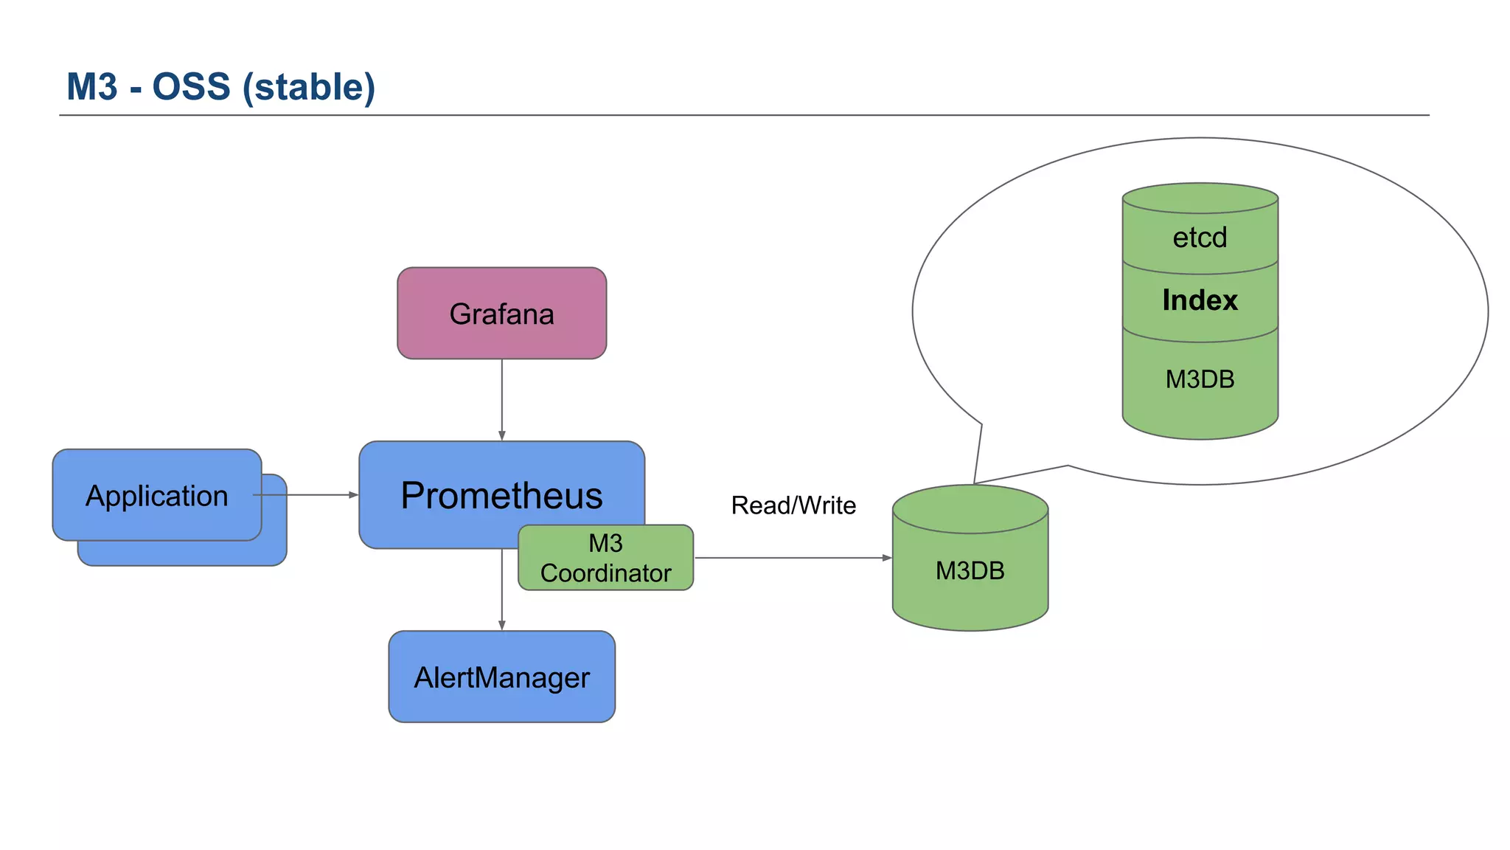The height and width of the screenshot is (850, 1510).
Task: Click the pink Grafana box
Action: pos(501,314)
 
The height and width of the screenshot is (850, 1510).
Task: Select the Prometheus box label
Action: pos(501,495)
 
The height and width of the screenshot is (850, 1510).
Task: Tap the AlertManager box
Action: pos(501,677)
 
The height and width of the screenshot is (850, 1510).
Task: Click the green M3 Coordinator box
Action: pos(605,558)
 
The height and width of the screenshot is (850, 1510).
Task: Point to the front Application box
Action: pos(157,495)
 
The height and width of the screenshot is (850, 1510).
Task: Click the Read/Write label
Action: pos(793,505)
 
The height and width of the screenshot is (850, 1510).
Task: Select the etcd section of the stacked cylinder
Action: pos(1200,238)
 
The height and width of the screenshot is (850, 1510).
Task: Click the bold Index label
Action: pos(1200,300)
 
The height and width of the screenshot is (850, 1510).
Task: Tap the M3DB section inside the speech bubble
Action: pos(1200,379)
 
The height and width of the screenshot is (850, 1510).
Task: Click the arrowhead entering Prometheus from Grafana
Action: pos(501,436)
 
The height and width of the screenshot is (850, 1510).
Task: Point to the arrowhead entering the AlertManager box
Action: pos(501,626)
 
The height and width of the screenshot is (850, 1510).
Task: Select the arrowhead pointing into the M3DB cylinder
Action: pos(887,558)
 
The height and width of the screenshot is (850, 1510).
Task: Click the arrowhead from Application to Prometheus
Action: pos(353,495)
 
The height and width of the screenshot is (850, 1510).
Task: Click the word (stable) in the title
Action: pos(309,87)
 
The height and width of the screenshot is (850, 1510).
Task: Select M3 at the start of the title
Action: pos(91,87)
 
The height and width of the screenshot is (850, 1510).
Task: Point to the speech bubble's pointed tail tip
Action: pos(975,483)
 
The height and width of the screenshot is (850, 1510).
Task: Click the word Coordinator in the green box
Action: pos(605,573)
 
